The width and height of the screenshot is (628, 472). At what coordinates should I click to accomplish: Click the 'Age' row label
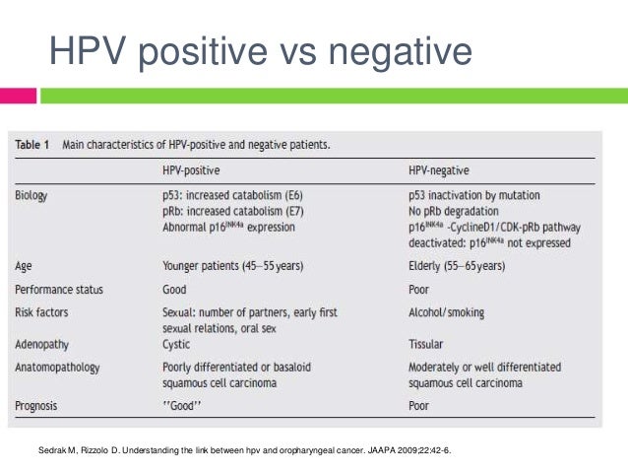click(x=25, y=266)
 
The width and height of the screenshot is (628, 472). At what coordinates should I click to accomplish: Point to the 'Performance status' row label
click(x=59, y=290)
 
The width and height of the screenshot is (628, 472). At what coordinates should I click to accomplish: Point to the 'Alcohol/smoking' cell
click(x=449, y=312)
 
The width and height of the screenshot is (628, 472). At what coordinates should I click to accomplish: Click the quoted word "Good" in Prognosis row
click(x=184, y=405)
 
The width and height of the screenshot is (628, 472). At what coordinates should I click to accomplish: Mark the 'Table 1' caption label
click(x=32, y=145)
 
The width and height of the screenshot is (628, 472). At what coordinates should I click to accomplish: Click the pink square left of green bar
click(x=18, y=96)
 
